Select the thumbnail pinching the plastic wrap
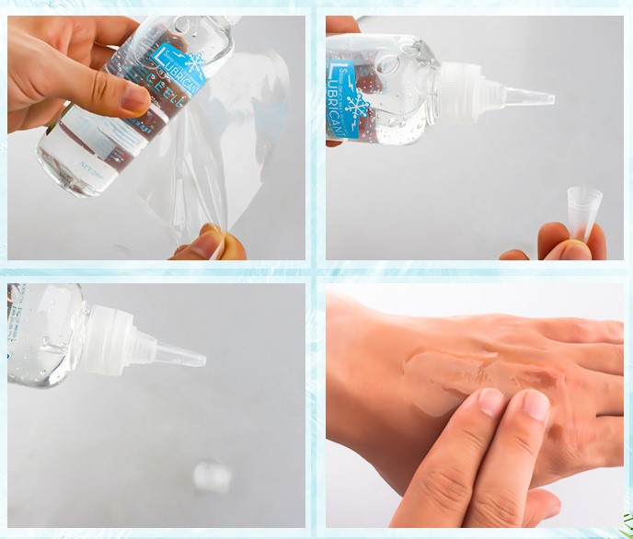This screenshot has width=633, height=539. click(x=208, y=243)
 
